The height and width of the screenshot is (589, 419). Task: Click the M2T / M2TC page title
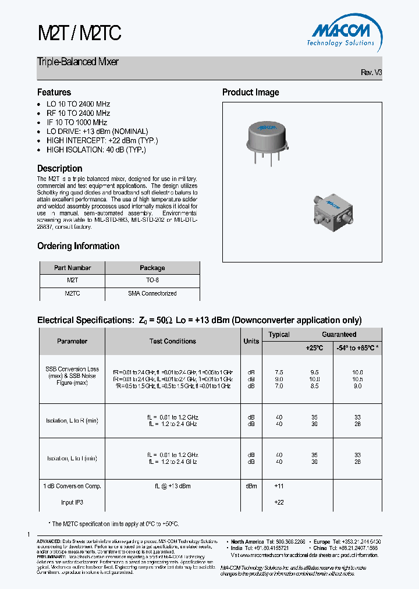point(79,34)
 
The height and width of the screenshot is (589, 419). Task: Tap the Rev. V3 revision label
point(371,73)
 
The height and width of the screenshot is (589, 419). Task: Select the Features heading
point(54,93)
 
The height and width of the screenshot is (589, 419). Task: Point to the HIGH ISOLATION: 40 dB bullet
point(96,150)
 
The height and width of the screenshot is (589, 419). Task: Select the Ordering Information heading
point(79,246)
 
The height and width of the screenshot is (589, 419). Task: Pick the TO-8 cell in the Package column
point(152,281)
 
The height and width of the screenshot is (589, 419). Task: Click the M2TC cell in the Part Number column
point(72,294)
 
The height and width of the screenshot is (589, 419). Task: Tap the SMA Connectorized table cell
point(152,294)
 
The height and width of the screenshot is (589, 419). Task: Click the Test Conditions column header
point(173,342)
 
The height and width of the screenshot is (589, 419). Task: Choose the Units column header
point(251,342)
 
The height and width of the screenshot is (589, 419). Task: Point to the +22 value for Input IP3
point(279,502)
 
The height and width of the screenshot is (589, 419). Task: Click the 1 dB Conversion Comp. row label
point(72,486)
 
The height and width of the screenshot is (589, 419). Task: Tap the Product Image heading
point(251,93)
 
